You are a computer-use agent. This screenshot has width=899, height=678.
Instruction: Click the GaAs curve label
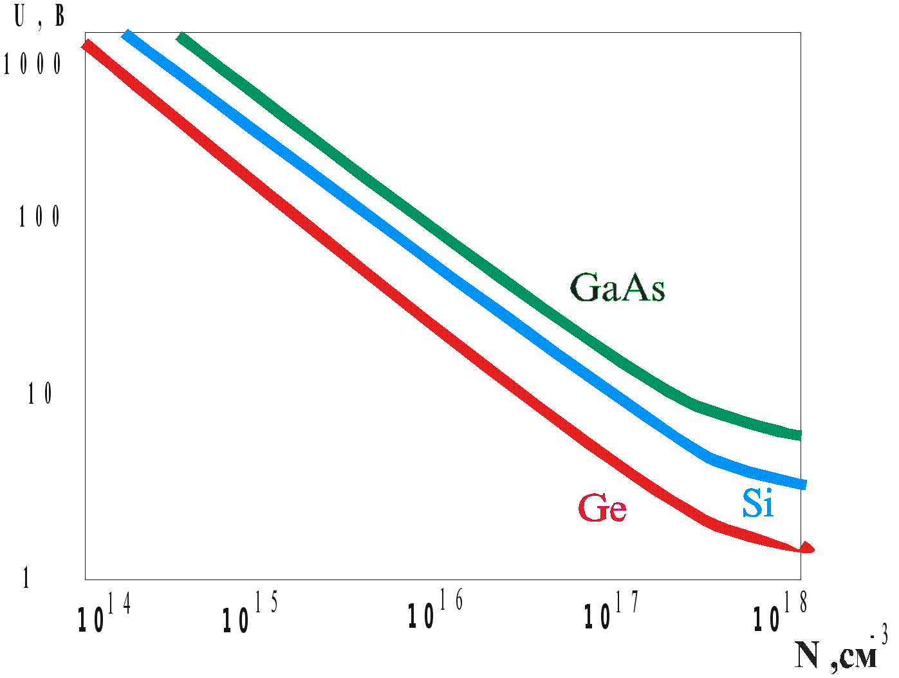[617, 288]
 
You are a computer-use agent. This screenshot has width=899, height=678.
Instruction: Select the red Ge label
[602, 509]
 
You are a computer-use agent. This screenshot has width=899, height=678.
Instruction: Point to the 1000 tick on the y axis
[33, 64]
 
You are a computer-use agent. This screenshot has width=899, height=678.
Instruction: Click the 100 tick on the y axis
[39, 217]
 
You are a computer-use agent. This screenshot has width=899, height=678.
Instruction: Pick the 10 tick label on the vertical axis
[40, 395]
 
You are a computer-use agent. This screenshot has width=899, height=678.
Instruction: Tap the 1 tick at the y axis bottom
[26, 579]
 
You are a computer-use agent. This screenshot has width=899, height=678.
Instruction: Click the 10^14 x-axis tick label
[102, 615]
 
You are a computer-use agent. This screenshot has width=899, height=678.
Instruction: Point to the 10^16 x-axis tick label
[434, 612]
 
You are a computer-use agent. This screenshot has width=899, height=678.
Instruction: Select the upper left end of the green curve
[181, 38]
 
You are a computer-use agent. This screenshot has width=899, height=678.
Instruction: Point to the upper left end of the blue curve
[127, 35]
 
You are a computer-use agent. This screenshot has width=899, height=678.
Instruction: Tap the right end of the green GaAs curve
[799, 435]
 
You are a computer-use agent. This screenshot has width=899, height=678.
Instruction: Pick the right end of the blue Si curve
[802, 484]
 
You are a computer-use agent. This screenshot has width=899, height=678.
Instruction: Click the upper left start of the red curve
[87, 45]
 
